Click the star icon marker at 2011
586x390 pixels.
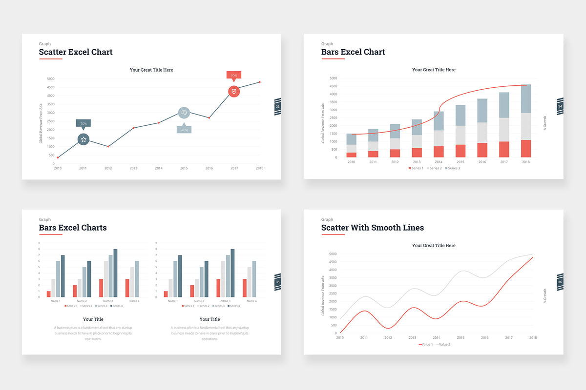[x=84, y=139]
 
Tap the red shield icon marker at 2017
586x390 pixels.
[x=234, y=91]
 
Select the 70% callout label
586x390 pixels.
[x=83, y=123]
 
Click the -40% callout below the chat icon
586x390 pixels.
[x=184, y=130]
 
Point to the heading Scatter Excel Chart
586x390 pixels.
[x=76, y=52]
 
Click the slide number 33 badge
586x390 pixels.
[x=278, y=106]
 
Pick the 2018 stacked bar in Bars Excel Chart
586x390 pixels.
[x=525, y=121]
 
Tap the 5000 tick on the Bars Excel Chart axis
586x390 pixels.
[x=333, y=78]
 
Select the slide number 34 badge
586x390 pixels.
[x=560, y=106]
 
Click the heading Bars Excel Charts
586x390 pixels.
[x=73, y=228]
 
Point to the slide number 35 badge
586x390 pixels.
[x=278, y=282]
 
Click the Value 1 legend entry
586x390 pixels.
[x=425, y=344]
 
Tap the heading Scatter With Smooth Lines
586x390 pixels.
[x=372, y=228]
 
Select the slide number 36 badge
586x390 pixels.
[x=560, y=282]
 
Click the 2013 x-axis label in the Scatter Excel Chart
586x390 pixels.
[x=133, y=168]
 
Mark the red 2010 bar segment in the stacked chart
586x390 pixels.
[x=351, y=155]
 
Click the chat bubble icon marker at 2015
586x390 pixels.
[x=184, y=113]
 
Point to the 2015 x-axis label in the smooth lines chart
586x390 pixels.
[x=460, y=337]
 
